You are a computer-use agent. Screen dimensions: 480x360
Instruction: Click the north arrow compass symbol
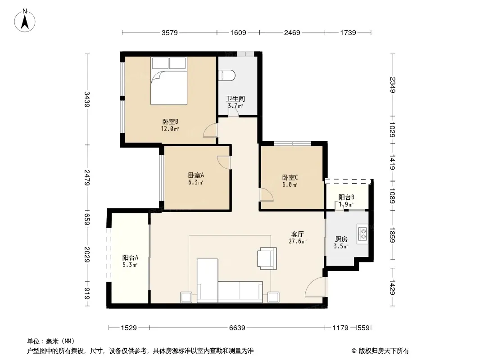click(24, 21)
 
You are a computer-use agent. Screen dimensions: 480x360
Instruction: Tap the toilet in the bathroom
click(227, 76)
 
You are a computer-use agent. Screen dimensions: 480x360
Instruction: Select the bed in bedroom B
click(169, 81)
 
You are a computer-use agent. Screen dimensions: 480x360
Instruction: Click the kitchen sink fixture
click(362, 234)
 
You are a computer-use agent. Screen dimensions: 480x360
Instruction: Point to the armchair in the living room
click(267, 258)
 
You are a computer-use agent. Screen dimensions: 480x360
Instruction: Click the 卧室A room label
click(196, 175)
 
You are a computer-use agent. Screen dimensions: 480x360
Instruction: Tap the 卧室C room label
click(290, 177)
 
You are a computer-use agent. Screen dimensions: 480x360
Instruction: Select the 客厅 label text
click(297, 234)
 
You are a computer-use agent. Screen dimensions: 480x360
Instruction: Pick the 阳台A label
click(130, 257)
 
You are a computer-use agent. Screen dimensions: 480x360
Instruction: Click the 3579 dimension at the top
click(170, 32)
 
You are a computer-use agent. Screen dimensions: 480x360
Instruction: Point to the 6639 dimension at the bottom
click(237, 328)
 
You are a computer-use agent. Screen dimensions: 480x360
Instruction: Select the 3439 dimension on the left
click(87, 99)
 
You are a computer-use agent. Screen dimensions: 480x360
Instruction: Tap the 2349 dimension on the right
click(393, 85)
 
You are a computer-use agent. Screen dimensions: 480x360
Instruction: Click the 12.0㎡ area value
click(170, 129)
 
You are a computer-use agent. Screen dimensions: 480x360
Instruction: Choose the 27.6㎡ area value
click(298, 241)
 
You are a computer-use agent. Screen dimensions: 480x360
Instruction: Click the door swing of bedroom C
click(266, 195)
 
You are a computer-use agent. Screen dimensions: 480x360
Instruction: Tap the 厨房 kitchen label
click(341, 239)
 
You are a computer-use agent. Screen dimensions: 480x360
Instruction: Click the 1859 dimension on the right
click(393, 235)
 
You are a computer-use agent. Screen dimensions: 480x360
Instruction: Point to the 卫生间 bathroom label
click(235, 99)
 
